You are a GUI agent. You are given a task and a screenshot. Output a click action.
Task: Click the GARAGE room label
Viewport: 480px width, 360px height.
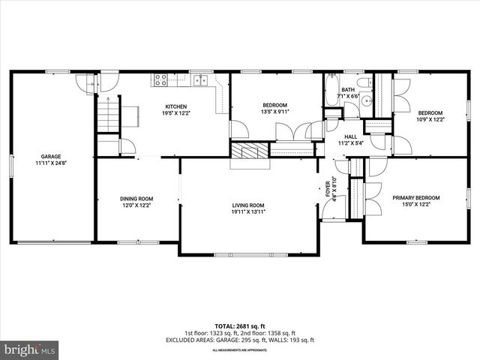(x=51, y=157)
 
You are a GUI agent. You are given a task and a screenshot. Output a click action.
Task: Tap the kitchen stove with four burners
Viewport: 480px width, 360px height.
(x=160, y=79)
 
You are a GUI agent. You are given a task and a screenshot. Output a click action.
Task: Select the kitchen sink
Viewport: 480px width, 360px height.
(x=200, y=79)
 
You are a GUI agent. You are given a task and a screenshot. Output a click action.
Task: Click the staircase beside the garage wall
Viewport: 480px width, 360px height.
(x=109, y=117)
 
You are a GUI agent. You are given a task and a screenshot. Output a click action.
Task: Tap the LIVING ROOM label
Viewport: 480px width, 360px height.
(x=247, y=205)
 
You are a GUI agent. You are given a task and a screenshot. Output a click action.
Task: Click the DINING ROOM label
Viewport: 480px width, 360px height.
(x=136, y=199)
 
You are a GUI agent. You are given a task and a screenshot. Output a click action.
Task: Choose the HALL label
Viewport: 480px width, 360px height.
(x=350, y=136)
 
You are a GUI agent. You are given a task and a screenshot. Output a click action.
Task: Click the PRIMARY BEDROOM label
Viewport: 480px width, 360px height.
(x=416, y=198)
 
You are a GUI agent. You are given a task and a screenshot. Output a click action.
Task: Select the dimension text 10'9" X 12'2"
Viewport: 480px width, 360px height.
(x=430, y=119)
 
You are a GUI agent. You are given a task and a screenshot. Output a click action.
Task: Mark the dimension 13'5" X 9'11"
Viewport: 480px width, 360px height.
(x=275, y=112)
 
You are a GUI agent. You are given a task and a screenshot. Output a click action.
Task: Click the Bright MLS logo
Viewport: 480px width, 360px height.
(x=30, y=349)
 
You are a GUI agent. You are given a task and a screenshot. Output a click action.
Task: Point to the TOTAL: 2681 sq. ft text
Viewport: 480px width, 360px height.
(x=239, y=326)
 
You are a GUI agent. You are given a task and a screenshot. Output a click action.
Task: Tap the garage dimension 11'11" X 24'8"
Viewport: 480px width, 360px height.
(x=51, y=163)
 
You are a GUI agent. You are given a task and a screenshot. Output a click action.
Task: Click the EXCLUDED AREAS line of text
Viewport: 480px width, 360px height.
(x=239, y=340)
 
